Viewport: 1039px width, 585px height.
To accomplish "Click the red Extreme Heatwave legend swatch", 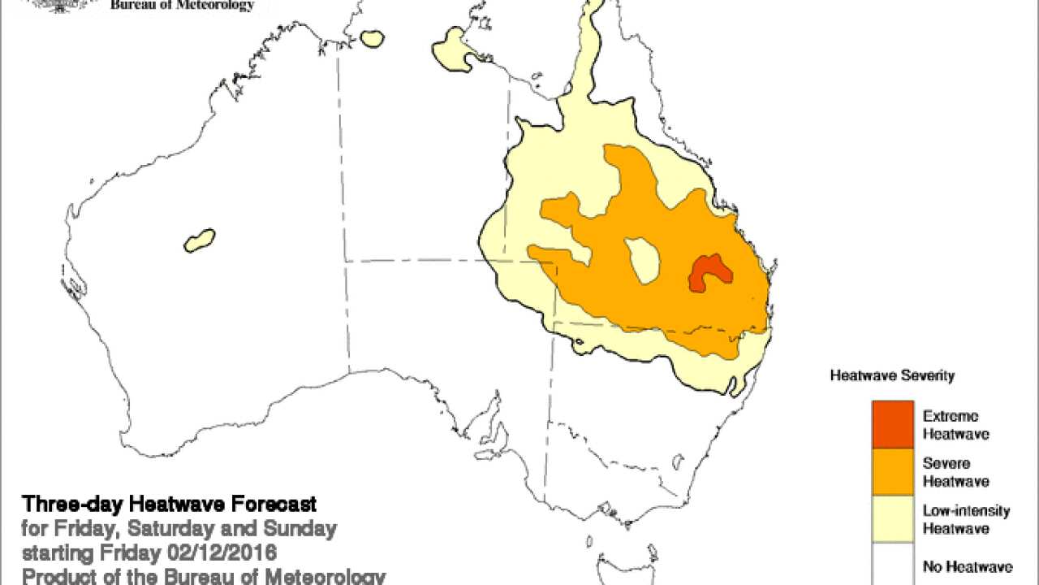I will point(893,424).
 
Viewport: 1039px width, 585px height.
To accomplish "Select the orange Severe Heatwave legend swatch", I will point(893,471).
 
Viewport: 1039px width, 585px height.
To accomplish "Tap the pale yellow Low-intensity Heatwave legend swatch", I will point(893,519).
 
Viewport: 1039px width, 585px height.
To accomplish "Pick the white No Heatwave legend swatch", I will point(893,565).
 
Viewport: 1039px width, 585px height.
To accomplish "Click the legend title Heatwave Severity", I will point(892,376).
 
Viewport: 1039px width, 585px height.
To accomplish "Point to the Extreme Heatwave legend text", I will point(955,425).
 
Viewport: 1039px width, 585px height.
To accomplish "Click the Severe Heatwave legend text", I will point(955,472).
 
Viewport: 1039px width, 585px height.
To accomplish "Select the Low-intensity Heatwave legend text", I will point(966,519).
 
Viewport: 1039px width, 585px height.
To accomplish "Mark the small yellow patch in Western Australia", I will point(200,240).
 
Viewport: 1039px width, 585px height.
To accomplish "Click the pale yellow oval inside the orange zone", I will point(644,259).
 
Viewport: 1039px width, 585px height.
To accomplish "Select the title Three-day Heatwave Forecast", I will point(169,504).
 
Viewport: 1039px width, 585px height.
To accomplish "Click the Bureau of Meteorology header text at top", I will point(182,6).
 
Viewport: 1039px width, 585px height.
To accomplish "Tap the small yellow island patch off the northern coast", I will point(373,38).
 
